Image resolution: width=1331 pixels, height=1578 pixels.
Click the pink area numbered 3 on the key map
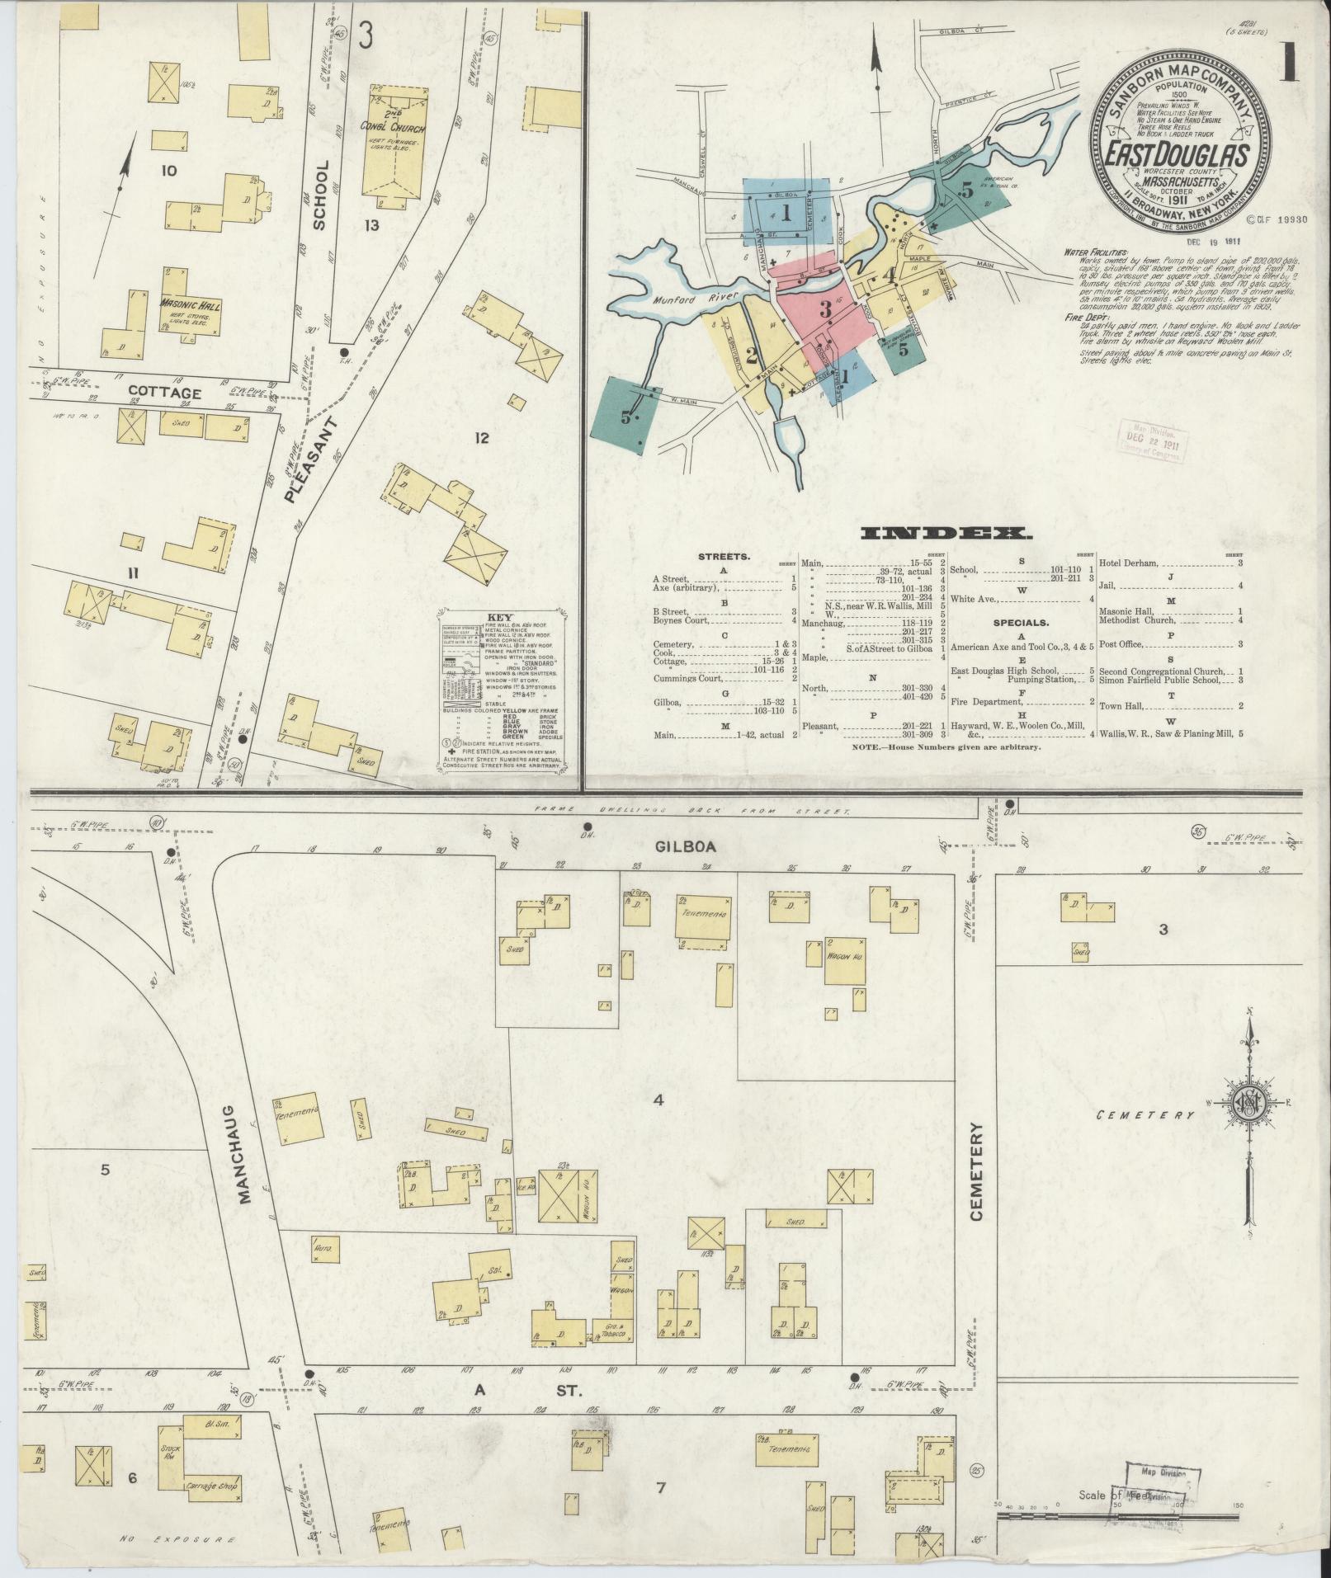tap(824, 312)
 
